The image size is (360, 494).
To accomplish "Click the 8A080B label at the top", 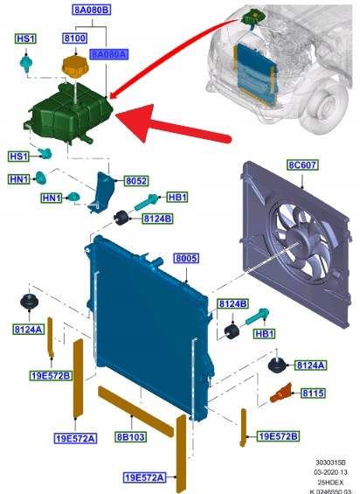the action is [x=92, y=10].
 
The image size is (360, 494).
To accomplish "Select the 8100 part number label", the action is [x=75, y=38].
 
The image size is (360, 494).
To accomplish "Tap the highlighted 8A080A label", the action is [x=109, y=54].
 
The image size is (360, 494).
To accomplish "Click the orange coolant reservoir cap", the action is [x=75, y=67].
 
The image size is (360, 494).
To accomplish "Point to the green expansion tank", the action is [x=68, y=113].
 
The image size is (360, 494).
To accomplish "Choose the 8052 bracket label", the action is [x=136, y=181].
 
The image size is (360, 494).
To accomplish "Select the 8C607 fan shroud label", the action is [x=302, y=164].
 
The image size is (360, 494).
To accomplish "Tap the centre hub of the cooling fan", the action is [x=299, y=241].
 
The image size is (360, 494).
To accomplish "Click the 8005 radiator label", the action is [x=186, y=258].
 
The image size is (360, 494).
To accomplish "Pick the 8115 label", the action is [x=313, y=393].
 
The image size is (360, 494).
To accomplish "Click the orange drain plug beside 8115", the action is [x=280, y=393].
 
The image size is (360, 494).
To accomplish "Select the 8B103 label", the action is [x=131, y=437].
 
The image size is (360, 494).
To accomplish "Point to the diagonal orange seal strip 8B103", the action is [x=136, y=412].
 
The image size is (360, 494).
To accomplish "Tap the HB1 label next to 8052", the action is [x=177, y=198].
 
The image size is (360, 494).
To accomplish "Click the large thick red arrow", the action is [x=173, y=127].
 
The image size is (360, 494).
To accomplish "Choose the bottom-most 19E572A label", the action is [x=144, y=477].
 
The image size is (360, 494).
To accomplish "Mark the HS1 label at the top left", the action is [x=26, y=38].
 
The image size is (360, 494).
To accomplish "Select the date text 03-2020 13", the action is [x=330, y=472].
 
